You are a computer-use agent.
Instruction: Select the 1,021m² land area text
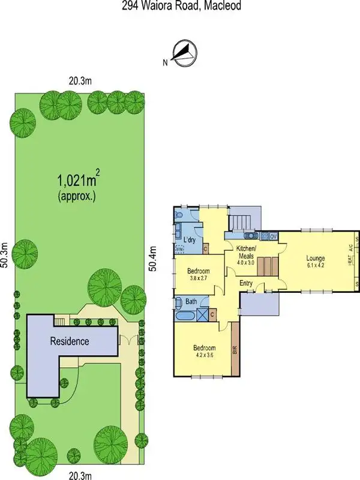pos(78,179)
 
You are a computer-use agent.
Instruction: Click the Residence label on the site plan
pos(70,342)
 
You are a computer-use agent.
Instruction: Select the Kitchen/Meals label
pos(246,252)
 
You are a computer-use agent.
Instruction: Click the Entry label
pos(246,283)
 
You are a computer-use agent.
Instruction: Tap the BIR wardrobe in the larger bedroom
pos(235,347)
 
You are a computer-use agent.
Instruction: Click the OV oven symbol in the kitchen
pos(274,236)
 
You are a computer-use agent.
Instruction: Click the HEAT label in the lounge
pos(349,262)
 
